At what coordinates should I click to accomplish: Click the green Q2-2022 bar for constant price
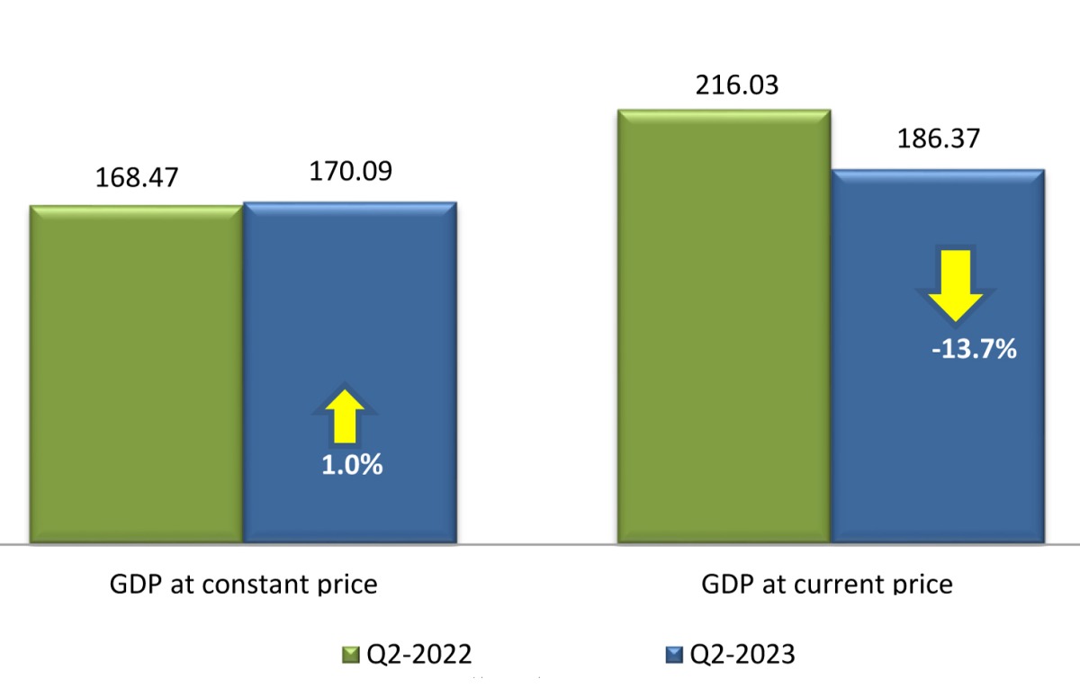[x=136, y=373]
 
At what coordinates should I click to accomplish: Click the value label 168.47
[x=137, y=176]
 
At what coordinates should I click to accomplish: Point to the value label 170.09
[x=350, y=170]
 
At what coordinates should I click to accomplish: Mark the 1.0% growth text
[x=353, y=465]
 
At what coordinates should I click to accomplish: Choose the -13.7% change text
[x=974, y=348]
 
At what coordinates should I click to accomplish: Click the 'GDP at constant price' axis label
[x=243, y=585]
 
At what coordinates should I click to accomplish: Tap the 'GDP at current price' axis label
[x=826, y=585]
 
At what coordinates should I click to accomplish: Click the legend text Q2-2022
[x=419, y=655]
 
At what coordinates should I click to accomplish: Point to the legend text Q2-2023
[x=742, y=655]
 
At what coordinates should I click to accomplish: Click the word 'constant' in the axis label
[x=254, y=585]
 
